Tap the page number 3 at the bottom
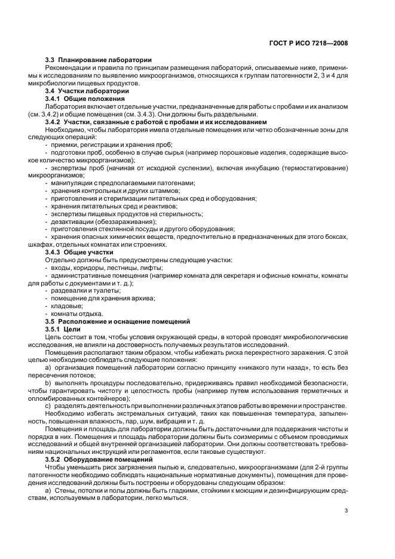346,510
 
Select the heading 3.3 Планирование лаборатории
99,60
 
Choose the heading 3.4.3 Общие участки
80,252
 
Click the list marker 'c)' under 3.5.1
49,406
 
